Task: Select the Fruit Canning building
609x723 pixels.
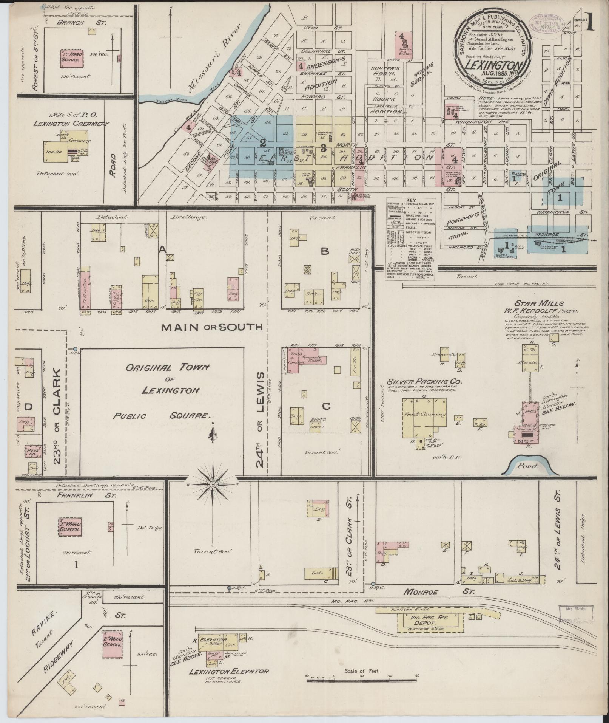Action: click(425, 415)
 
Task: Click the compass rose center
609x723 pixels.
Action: click(213, 485)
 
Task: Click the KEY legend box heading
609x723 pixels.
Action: click(410, 200)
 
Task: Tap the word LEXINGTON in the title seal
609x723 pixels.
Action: click(492, 65)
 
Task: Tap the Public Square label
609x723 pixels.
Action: click(162, 416)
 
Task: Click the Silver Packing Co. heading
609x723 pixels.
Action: click(424, 382)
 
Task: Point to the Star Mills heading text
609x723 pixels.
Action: click(533, 303)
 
